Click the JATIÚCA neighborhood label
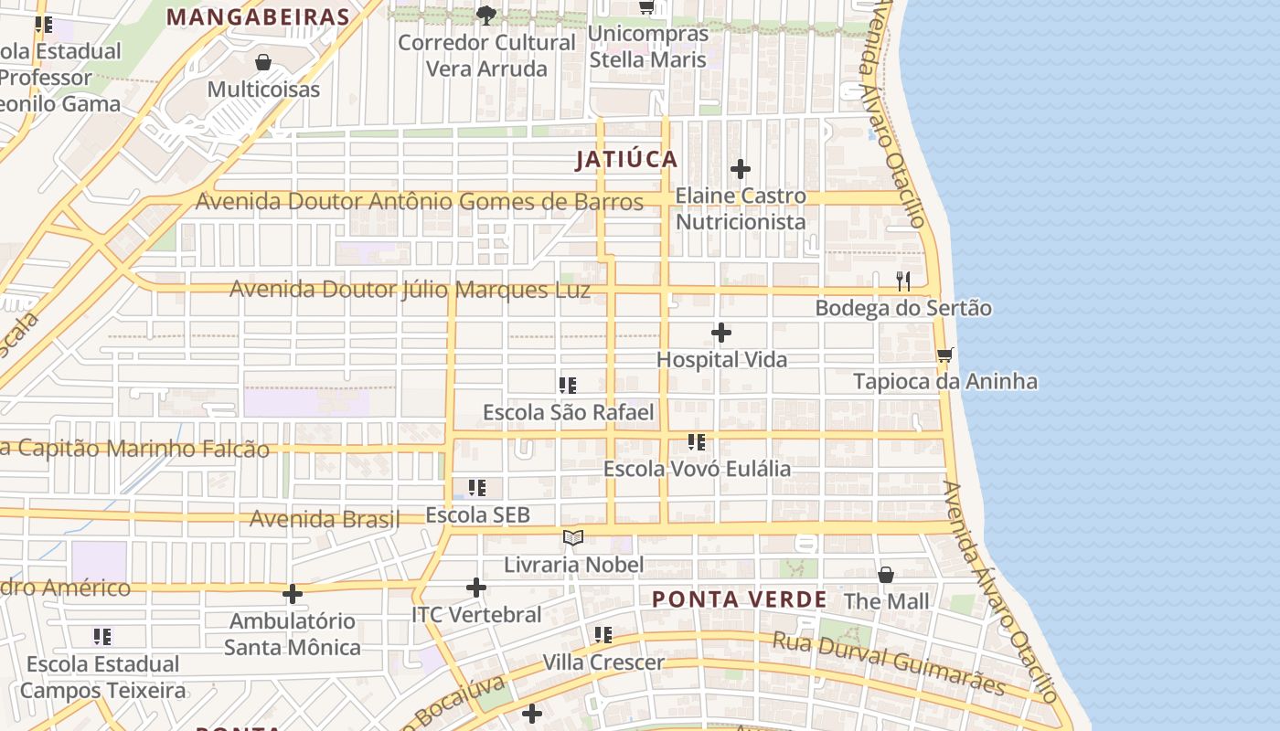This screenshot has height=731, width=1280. pyautogui.click(x=626, y=160)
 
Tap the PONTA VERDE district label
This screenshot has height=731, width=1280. pyautogui.click(x=739, y=599)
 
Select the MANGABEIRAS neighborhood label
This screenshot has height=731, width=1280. pyautogui.click(x=259, y=17)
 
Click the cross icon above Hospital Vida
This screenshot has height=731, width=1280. pyautogui.click(x=721, y=333)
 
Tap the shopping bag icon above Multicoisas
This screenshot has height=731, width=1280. pyautogui.click(x=263, y=62)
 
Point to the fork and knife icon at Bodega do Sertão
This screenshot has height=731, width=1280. pyautogui.click(x=903, y=281)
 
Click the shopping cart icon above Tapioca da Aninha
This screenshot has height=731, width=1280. pyautogui.click(x=944, y=355)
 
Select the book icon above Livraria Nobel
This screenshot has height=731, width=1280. pyautogui.click(x=572, y=538)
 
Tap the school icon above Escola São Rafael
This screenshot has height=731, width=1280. pyautogui.click(x=568, y=386)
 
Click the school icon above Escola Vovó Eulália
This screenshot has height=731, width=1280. pyautogui.click(x=697, y=442)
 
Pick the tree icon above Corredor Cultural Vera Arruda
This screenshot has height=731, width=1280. pyautogui.click(x=485, y=15)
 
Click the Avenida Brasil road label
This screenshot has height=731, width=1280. pyautogui.click(x=325, y=519)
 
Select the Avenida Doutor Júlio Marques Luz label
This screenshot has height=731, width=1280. pyautogui.click(x=410, y=290)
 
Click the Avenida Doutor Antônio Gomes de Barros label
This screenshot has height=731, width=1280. pyautogui.click(x=419, y=202)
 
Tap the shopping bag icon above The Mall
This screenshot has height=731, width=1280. pyautogui.click(x=885, y=575)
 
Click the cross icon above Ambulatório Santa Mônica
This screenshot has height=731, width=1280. pyautogui.click(x=292, y=595)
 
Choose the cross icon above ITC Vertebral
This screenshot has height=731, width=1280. pyautogui.click(x=475, y=588)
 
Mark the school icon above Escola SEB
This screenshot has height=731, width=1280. pyautogui.click(x=477, y=488)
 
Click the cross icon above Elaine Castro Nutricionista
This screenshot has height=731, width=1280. pyautogui.click(x=741, y=169)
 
